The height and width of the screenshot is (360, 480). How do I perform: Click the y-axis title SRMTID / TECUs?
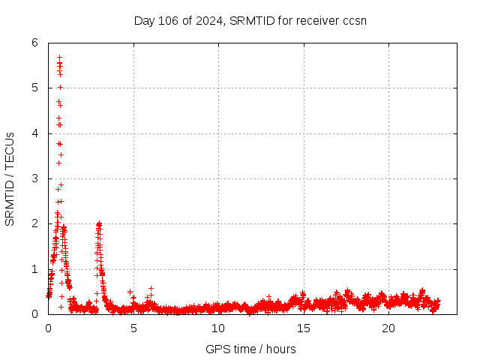click(x=10, y=178)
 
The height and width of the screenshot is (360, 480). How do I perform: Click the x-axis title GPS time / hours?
click(x=250, y=349)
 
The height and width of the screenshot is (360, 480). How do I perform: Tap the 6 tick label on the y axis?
click(x=34, y=43)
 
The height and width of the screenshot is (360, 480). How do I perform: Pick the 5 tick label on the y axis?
click(x=34, y=88)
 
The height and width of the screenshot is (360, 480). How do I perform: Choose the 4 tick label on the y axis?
click(x=34, y=133)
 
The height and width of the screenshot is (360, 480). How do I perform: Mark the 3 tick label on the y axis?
click(x=34, y=178)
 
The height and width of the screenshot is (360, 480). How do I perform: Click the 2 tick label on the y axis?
click(x=34, y=223)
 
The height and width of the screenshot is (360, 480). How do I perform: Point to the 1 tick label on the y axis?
click(x=34, y=269)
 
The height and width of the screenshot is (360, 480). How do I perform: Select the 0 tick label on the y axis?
click(x=34, y=314)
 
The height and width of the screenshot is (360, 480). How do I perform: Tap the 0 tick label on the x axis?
click(x=49, y=328)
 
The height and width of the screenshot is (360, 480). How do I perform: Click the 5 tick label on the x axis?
click(x=133, y=328)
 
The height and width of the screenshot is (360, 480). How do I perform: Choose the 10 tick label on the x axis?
click(x=218, y=328)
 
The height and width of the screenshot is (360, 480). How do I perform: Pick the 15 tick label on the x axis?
click(x=304, y=328)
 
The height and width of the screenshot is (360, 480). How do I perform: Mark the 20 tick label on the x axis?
click(x=388, y=328)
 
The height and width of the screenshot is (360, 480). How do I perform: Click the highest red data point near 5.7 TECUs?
click(x=59, y=57)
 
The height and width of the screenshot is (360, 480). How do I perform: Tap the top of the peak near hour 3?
click(x=99, y=223)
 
